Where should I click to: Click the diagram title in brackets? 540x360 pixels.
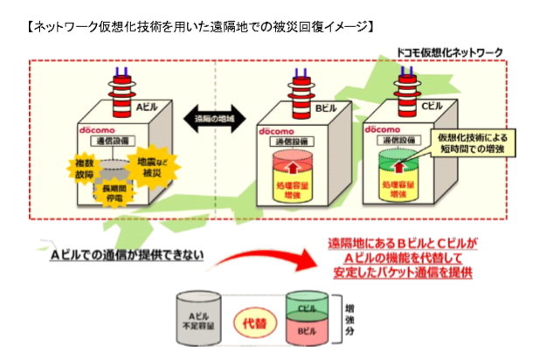pos(201,25)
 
